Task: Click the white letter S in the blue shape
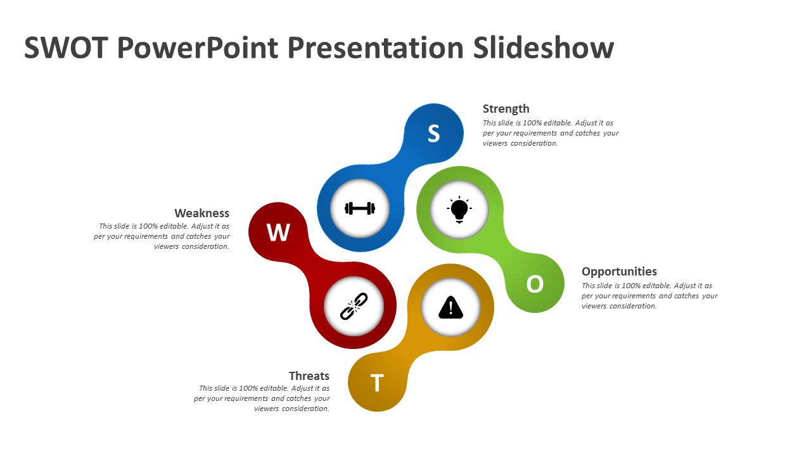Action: point(433,134)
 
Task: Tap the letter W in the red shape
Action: point(278,232)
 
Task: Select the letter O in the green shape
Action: point(535,284)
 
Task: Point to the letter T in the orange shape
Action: point(377,383)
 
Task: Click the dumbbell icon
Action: point(360,208)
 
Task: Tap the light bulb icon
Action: point(459,209)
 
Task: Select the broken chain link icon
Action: point(354,306)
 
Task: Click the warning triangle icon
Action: point(451,308)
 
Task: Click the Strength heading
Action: point(506,108)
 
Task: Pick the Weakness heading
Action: point(201,213)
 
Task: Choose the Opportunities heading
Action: point(619,271)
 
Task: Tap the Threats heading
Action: point(309,376)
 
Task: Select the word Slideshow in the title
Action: point(543,48)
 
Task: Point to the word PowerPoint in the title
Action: point(198,48)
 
